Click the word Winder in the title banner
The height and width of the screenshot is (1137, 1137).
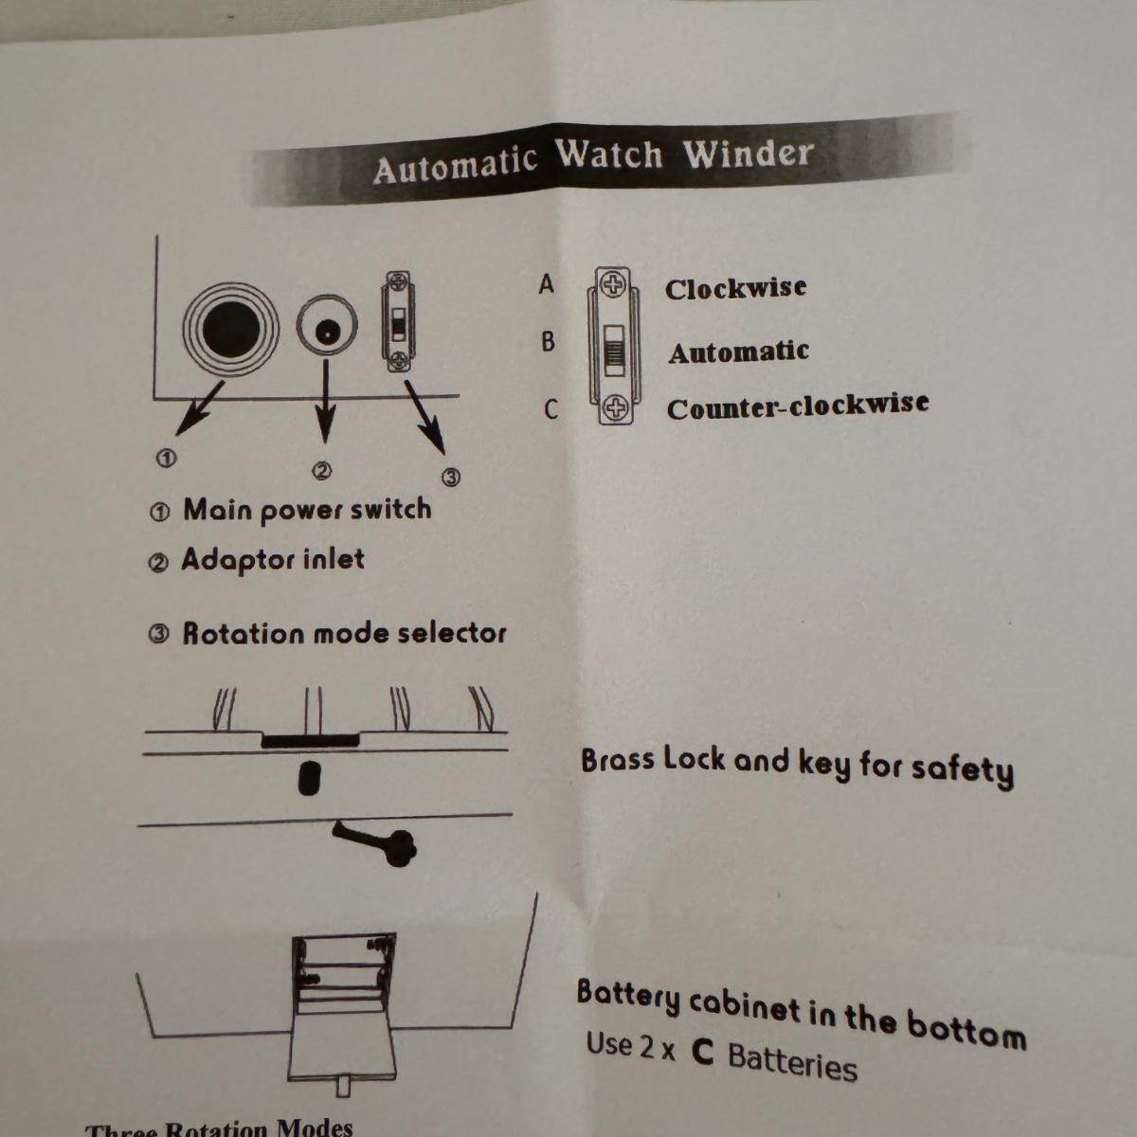pos(749,154)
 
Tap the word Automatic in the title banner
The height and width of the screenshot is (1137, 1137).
pos(455,165)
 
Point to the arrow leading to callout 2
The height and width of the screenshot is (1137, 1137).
pos(325,401)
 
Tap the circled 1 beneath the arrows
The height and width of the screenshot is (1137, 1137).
pos(166,458)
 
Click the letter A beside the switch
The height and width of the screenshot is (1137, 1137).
pos(547,284)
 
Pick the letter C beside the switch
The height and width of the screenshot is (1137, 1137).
pos(550,409)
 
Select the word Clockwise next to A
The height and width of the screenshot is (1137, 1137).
pos(735,289)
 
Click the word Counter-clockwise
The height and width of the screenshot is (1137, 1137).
pos(798,406)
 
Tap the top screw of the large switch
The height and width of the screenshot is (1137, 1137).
pos(613,286)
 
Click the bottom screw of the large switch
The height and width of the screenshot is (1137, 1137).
pos(616,407)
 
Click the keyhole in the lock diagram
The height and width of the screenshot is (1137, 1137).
pos(310,779)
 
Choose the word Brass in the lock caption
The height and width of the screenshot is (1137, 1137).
pos(618,760)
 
